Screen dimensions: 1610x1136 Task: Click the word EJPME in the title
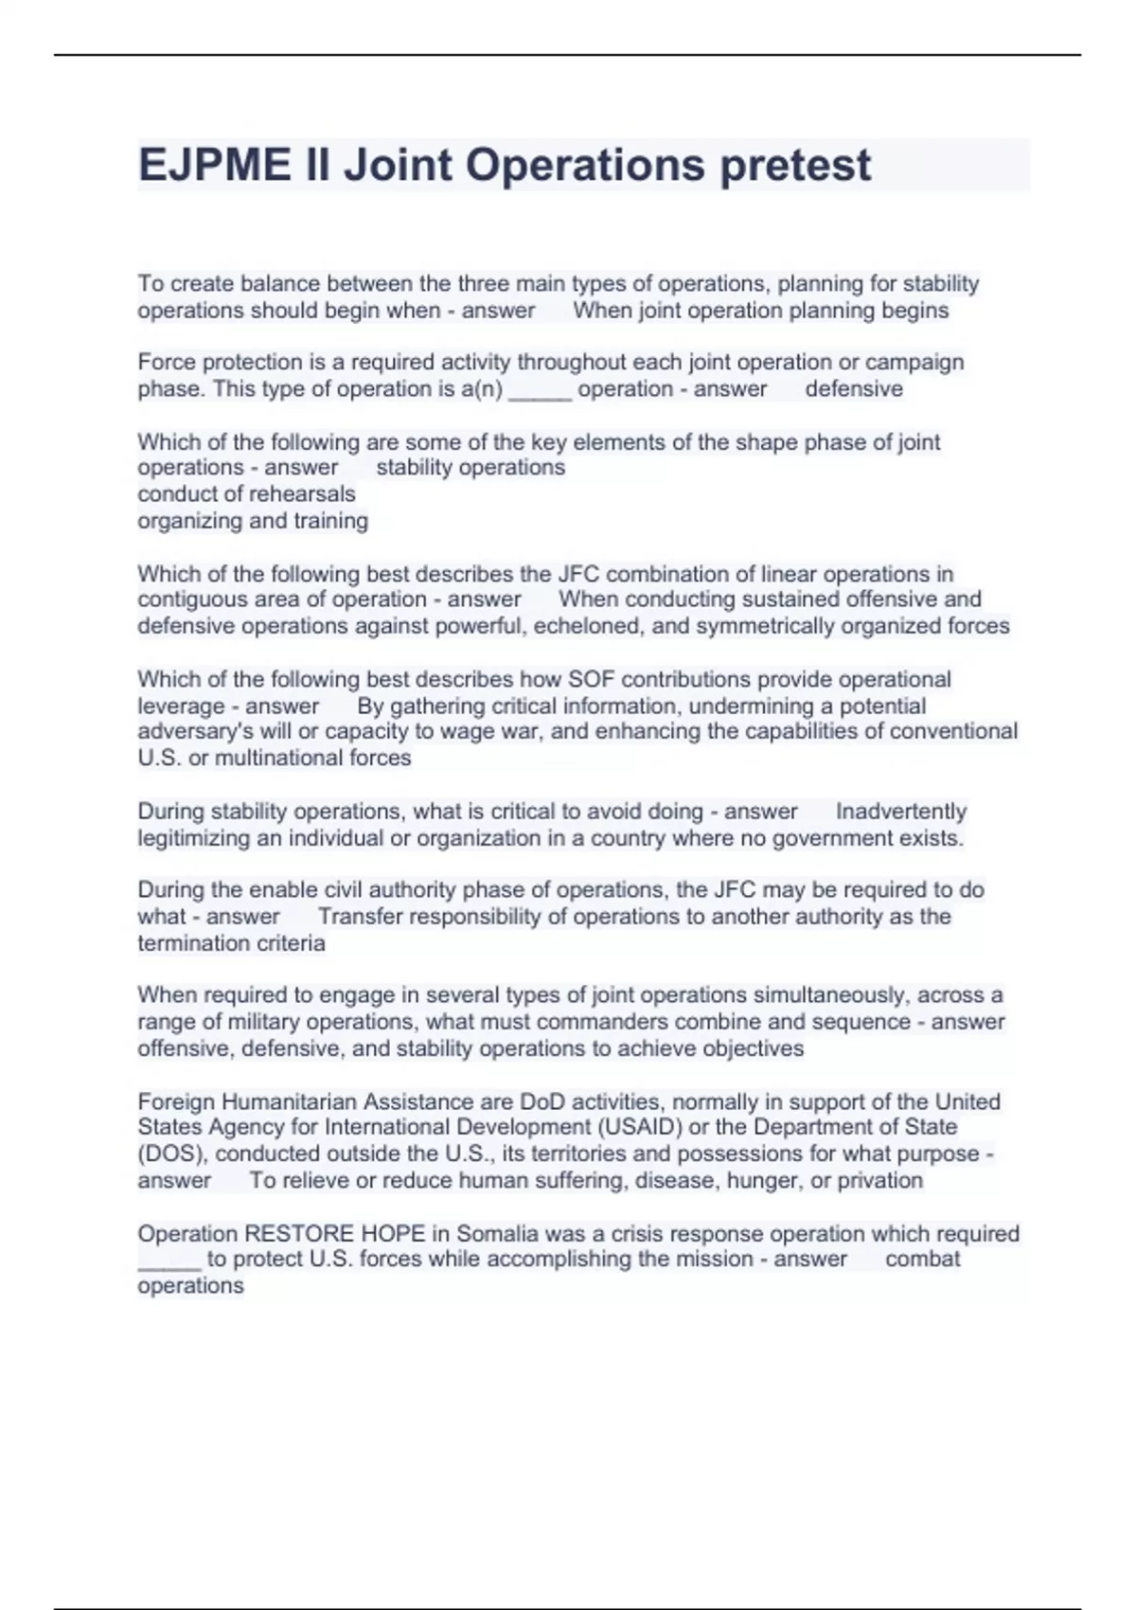tap(215, 166)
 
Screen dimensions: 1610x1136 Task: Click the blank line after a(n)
tap(540, 389)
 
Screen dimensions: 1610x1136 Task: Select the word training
tap(330, 521)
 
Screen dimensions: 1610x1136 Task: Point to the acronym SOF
tap(591, 680)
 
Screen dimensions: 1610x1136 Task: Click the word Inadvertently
tap(900, 812)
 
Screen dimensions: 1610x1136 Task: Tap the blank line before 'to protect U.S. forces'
tap(169, 1261)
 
